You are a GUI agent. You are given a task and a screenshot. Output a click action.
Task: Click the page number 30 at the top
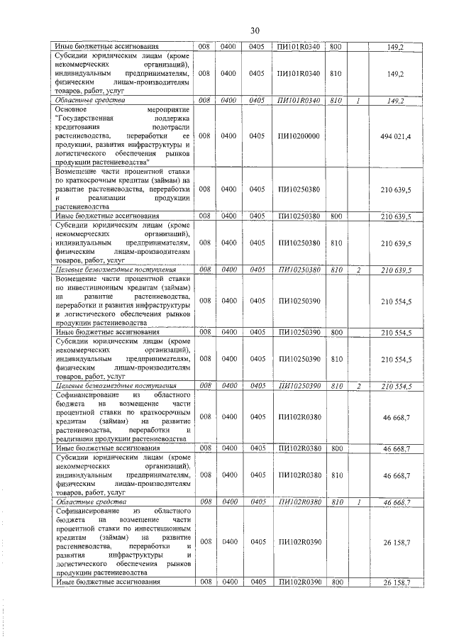pyautogui.click(x=255, y=30)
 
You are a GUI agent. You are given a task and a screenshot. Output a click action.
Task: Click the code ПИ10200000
pyautogui.click(x=299, y=135)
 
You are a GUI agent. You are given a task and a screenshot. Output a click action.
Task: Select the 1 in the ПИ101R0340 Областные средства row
pyautogui.click(x=358, y=101)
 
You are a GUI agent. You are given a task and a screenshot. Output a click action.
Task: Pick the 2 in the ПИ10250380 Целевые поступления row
pyautogui.click(x=358, y=270)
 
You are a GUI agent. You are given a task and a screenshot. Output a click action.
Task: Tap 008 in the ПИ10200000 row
pyautogui.click(x=204, y=135)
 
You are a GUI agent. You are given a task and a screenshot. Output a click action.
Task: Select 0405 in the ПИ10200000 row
pyautogui.click(x=257, y=135)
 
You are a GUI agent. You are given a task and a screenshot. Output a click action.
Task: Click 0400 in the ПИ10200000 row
pyautogui.click(x=230, y=135)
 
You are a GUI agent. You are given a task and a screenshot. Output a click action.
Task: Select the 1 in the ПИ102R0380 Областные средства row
pyautogui.click(x=358, y=502)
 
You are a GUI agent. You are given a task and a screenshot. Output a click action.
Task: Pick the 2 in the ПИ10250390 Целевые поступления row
pyautogui.click(x=358, y=385)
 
